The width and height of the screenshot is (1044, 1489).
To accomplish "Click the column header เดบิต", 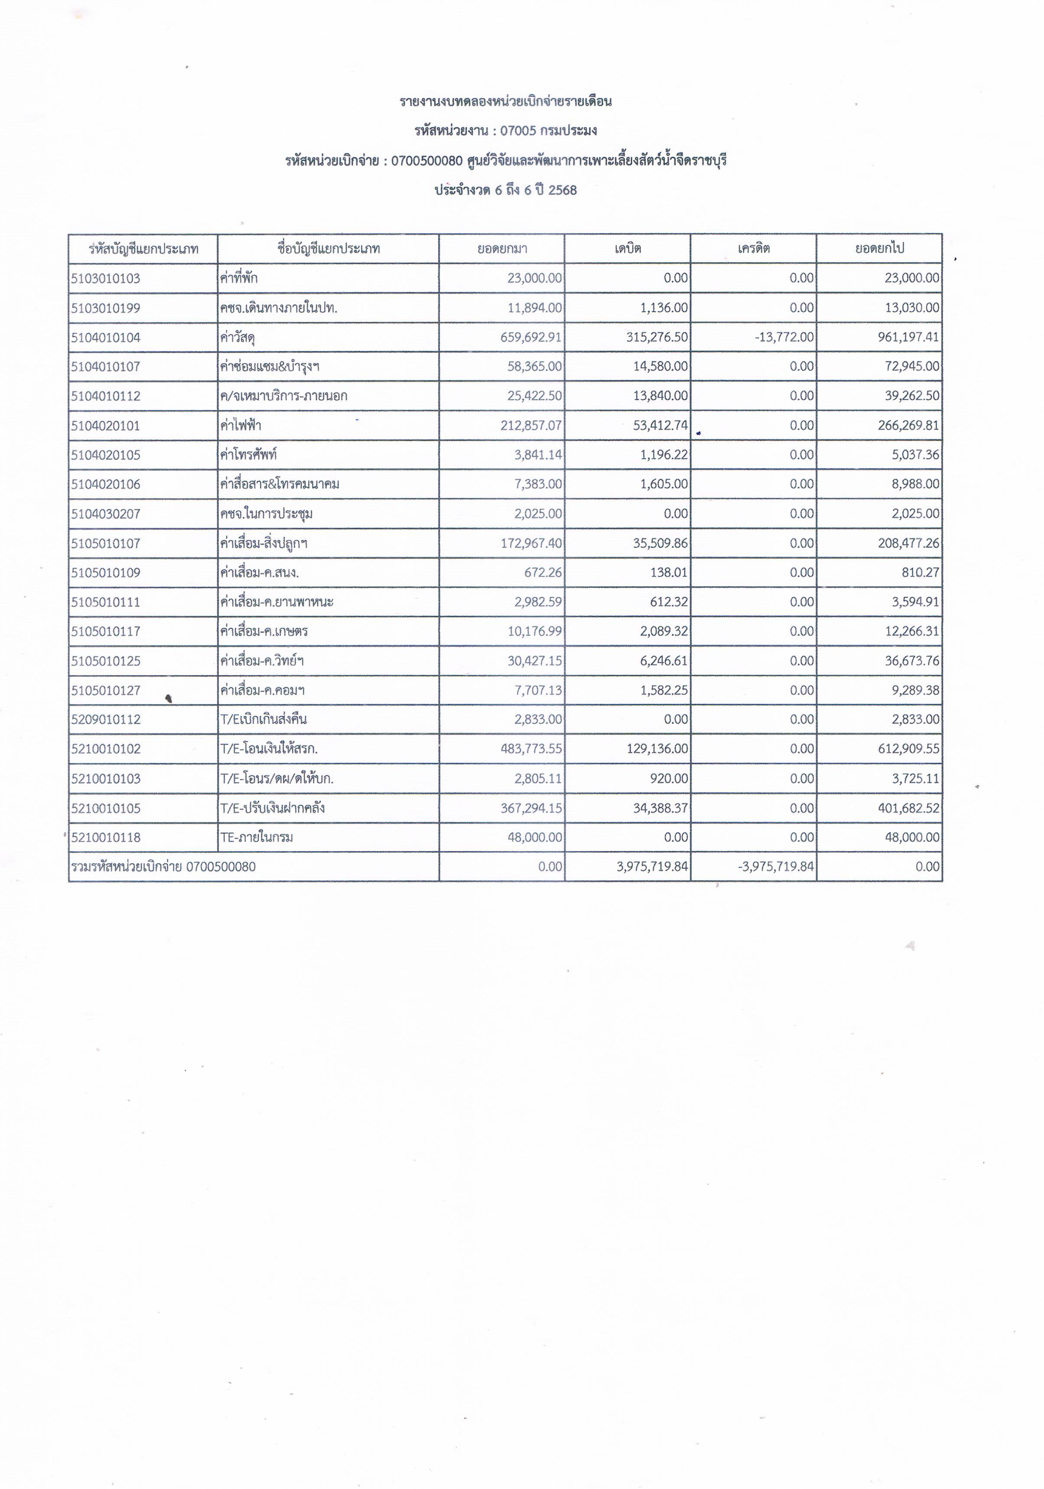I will [628, 248].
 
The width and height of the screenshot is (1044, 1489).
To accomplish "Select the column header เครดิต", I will [754, 248].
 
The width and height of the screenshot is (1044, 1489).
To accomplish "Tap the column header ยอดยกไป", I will [879, 248].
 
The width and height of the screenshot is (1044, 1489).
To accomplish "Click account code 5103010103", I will [106, 278].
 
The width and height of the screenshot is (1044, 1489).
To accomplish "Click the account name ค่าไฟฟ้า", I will [241, 426].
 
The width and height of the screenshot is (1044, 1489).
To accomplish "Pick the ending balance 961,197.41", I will [908, 337].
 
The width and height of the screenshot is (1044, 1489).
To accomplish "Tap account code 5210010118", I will [106, 837].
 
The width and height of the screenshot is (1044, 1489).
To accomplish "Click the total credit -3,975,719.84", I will [776, 866].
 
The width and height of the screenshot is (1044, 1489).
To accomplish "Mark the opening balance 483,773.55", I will [531, 749].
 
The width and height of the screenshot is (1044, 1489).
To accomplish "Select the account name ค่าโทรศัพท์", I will [248, 455].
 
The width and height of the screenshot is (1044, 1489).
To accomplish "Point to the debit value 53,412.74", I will [660, 426].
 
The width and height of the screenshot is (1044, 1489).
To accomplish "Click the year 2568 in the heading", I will [562, 190].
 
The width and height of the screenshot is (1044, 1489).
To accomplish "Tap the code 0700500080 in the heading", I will [427, 160].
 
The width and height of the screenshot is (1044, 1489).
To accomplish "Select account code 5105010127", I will [106, 690].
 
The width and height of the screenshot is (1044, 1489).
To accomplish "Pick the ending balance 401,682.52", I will [908, 808].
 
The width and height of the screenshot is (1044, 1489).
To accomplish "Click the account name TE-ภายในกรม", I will [257, 837].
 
